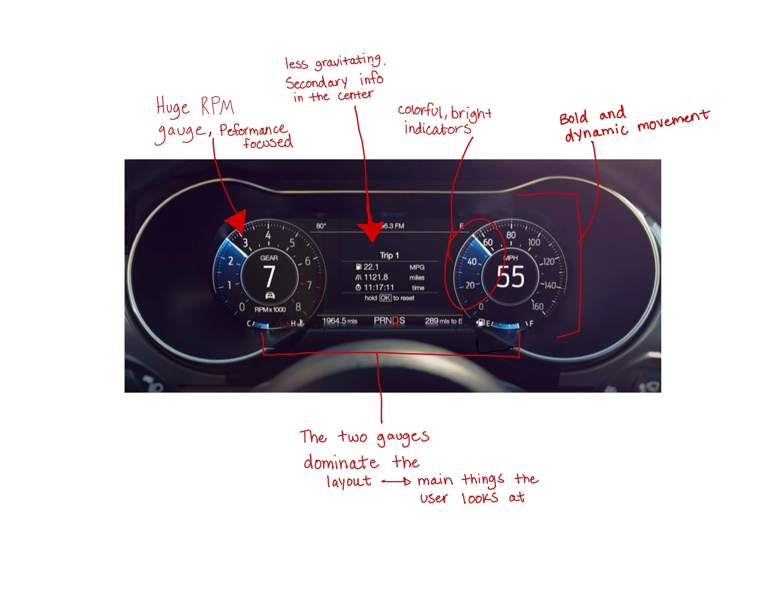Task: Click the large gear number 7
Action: (x=269, y=276)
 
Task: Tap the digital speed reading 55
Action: (x=510, y=277)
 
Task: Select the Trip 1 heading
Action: (x=389, y=255)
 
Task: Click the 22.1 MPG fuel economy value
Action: (x=371, y=267)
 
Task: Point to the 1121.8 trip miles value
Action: (x=376, y=277)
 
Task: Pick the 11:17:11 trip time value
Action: (x=379, y=288)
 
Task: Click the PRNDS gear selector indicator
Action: (x=389, y=321)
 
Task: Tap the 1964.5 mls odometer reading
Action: (x=340, y=321)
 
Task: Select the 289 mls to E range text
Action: (x=443, y=321)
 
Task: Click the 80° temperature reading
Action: (x=321, y=226)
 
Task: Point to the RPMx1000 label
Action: (x=270, y=310)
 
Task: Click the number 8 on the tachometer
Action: (x=298, y=307)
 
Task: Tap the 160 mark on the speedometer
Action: (x=537, y=306)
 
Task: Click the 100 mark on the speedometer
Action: (x=534, y=242)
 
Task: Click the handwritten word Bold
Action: (x=573, y=118)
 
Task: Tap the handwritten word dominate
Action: (x=340, y=463)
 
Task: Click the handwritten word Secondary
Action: (x=316, y=83)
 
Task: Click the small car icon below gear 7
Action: (x=270, y=295)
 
